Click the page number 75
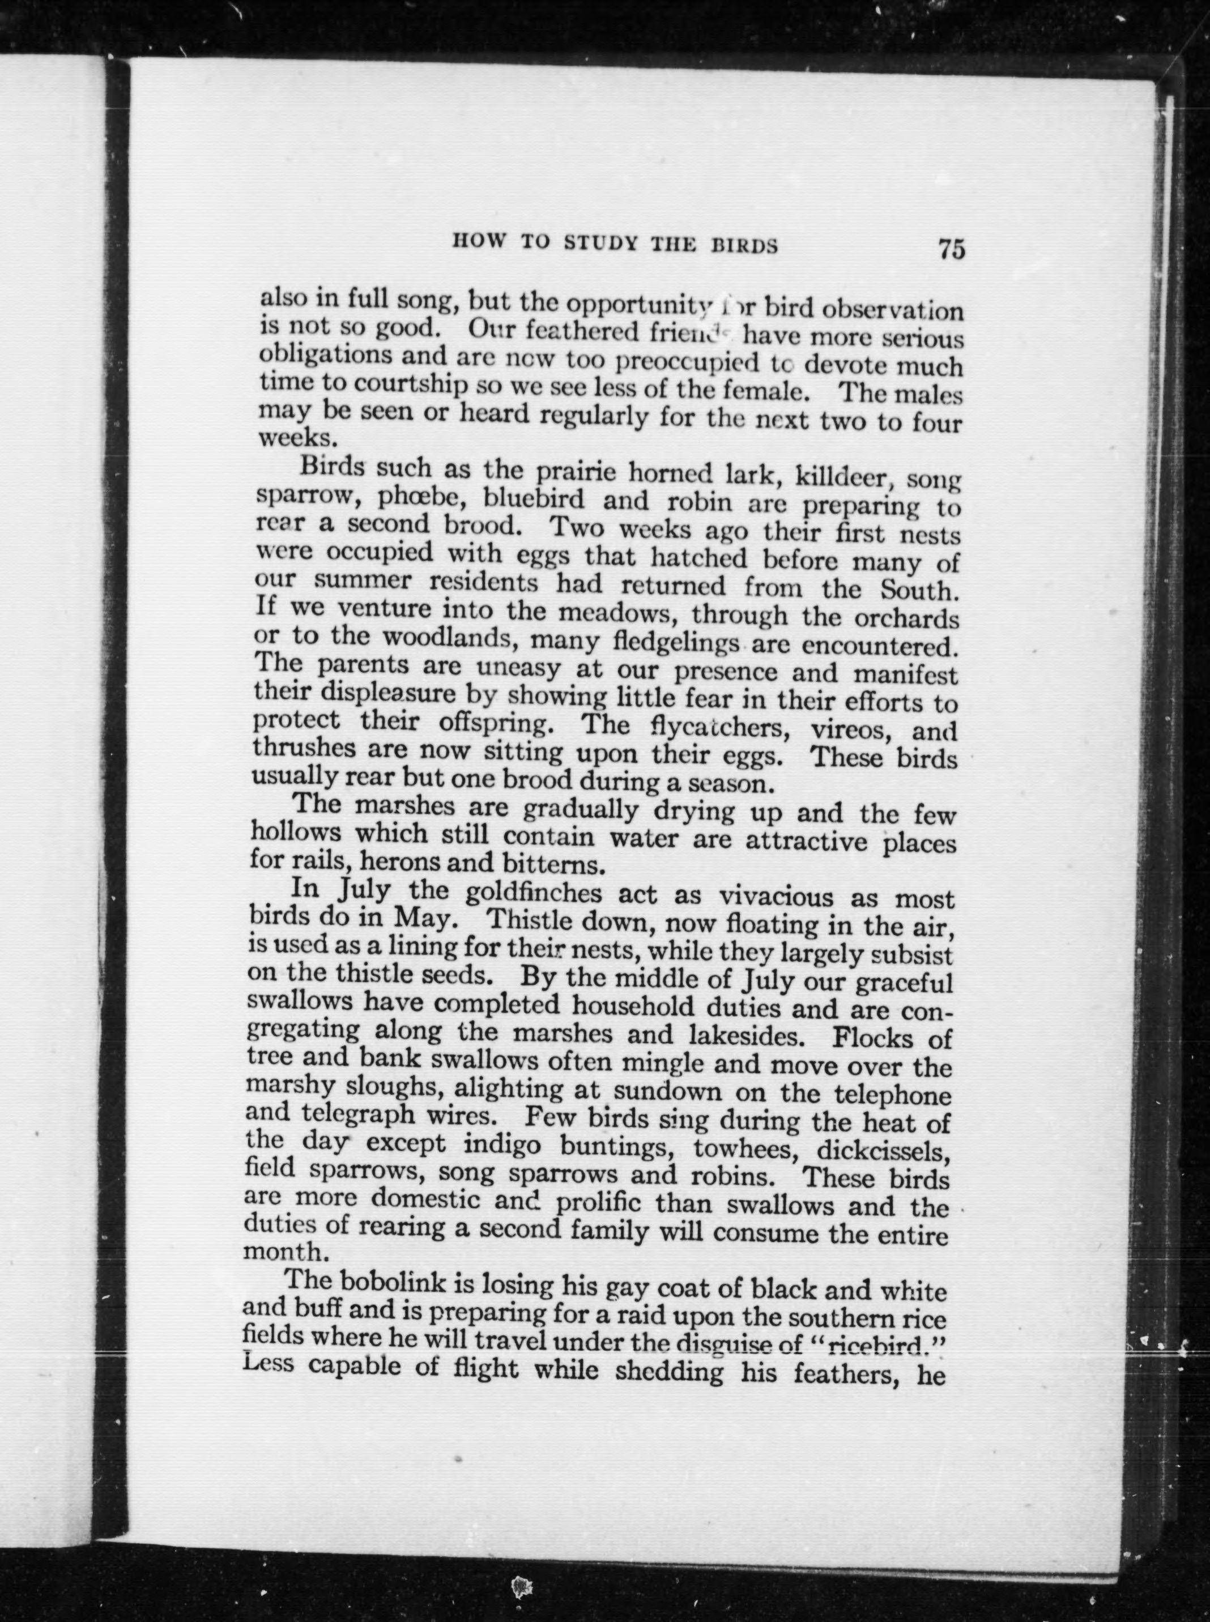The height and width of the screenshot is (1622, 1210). click(951, 249)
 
